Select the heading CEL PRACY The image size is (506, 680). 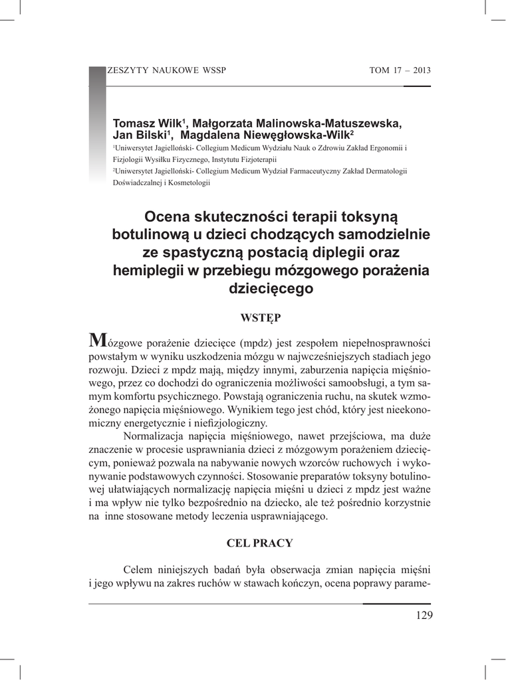pos(259,543)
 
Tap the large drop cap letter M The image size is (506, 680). pos(96,341)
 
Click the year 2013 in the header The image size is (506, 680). pos(422,71)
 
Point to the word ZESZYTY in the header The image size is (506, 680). pos(126,71)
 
